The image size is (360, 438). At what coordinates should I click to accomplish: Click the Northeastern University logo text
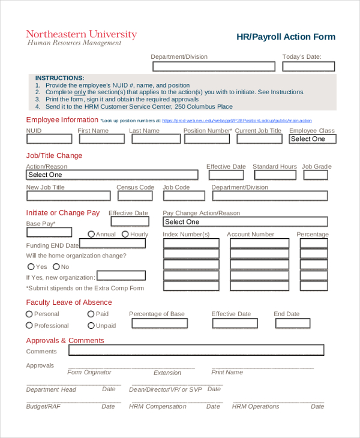coord(81,34)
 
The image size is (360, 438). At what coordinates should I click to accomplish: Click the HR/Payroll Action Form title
coord(286,37)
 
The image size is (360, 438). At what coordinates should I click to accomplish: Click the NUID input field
coord(49,139)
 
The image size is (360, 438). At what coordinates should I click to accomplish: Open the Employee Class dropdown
coord(313,139)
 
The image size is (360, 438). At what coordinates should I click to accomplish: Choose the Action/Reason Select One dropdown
coord(112,175)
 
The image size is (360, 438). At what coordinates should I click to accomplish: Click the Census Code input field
coord(136,196)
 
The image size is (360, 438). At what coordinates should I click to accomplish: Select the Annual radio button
coord(91,234)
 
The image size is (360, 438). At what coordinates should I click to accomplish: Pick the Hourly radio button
coord(125,234)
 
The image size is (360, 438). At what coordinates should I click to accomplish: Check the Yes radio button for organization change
coord(31,266)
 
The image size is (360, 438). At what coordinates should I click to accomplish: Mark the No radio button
coord(56,266)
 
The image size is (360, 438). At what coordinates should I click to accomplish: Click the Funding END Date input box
coord(112,244)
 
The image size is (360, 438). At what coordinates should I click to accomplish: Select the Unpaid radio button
coord(91,325)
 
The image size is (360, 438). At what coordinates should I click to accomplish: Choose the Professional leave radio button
coord(29,325)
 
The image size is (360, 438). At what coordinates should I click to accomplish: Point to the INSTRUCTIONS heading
coord(59,78)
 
